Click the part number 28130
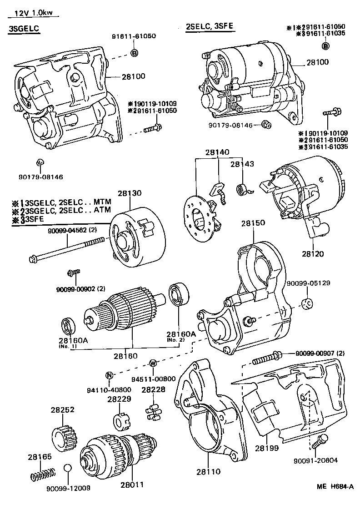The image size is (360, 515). coord(130,193)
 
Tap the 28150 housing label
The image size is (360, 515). coord(253,223)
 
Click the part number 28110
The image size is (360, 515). coord(207,472)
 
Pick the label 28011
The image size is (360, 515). coord(132,485)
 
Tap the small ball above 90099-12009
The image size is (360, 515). coord(67,469)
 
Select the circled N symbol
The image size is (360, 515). coord(109,375)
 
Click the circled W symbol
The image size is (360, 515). coord(153,363)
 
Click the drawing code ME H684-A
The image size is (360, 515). coord(335,486)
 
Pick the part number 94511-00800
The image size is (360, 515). coord(153,379)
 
